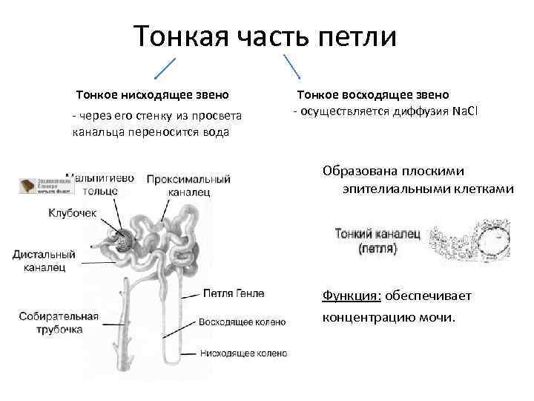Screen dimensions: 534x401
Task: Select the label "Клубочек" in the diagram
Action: click(x=73, y=212)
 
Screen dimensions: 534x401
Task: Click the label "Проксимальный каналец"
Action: click(x=188, y=186)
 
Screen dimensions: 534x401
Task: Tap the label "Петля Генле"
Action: click(x=232, y=294)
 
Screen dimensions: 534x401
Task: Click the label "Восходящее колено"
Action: click(x=242, y=323)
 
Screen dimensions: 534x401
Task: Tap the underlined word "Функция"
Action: click(x=351, y=296)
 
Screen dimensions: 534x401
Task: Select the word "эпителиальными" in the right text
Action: click(x=394, y=189)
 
